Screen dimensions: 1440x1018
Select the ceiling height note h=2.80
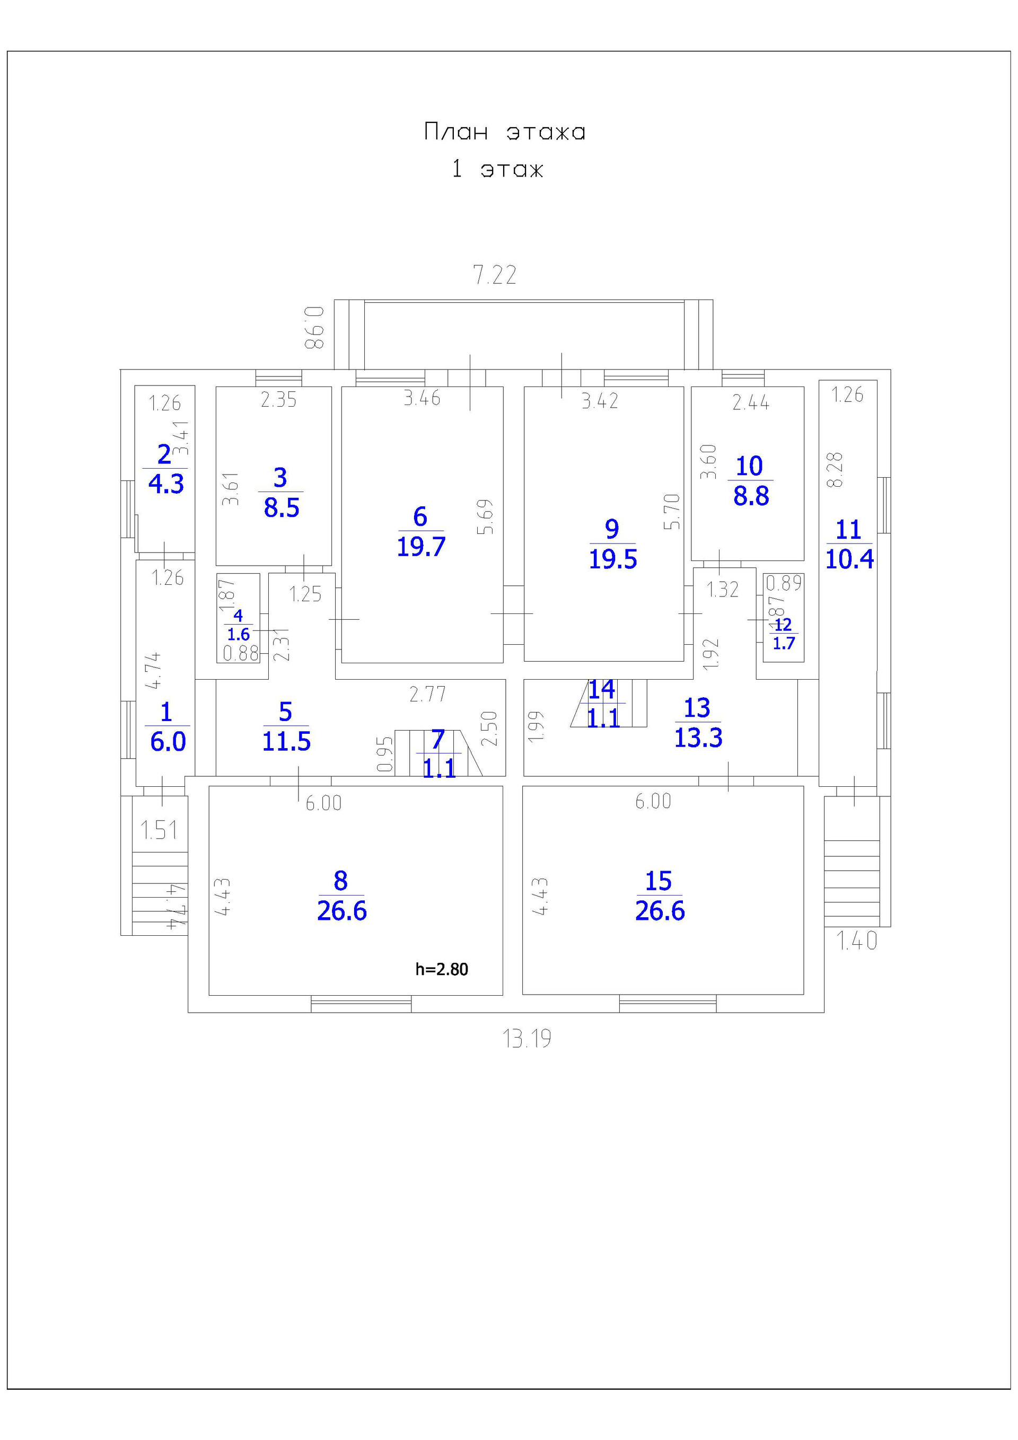click(442, 969)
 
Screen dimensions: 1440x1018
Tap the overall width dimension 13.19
click(527, 1039)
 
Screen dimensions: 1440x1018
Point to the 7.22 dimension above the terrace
click(494, 275)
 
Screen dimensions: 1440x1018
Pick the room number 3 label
click(280, 478)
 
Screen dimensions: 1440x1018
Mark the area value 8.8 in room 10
click(751, 496)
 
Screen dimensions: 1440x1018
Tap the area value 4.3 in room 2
click(166, 484)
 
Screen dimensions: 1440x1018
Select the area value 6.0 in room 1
click(168, 742)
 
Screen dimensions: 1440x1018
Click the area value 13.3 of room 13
click(698, 737)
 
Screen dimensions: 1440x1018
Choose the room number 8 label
click(340, 881)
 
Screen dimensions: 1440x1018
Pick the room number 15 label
click(659, 881)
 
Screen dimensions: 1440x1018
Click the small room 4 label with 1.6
click(239, 625)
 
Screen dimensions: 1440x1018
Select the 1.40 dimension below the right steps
click(857, 941)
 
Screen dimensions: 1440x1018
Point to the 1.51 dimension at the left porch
click(159, 830)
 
